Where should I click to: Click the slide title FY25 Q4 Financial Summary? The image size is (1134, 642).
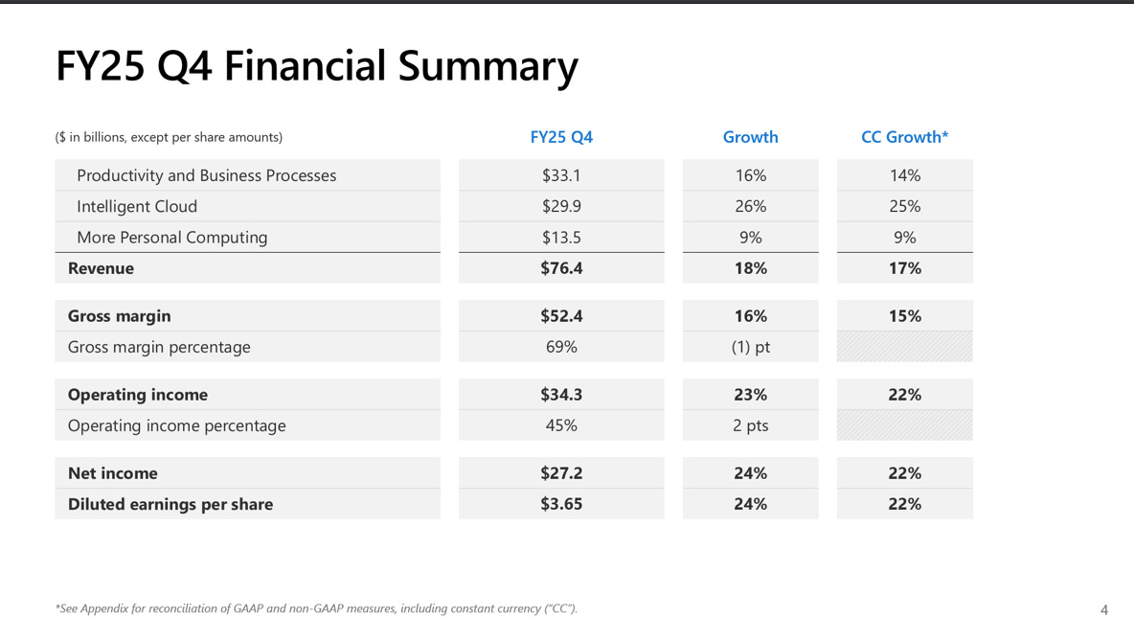point(317,67)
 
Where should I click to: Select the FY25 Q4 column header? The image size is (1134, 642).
point(561,137)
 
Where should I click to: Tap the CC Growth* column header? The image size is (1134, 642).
point(904,137)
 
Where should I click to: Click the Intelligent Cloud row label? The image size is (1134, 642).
point(137,206)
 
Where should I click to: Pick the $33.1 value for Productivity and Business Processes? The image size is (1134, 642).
point(561,175)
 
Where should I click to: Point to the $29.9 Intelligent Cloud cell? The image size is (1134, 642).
point(561,206)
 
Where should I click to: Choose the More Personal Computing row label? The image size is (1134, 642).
point(172,237)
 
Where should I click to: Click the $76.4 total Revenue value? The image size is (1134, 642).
point(561,268)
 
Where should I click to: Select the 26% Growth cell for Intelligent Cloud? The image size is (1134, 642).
point(750,206)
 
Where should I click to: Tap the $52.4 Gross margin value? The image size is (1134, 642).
point(561,316)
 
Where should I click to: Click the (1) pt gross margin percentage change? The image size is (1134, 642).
point(750,347)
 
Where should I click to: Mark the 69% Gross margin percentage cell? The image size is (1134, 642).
point(561,347)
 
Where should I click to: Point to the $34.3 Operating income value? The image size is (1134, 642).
point(561,395)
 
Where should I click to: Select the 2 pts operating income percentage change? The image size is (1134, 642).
point(750,425)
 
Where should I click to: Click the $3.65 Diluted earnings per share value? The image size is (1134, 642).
point(561,504)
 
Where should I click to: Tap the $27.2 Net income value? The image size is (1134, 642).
point(561,473)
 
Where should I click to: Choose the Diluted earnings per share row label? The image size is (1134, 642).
point(170,504)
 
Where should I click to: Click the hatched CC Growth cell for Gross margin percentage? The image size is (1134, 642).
point(904,347)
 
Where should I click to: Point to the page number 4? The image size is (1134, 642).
point(1104,609)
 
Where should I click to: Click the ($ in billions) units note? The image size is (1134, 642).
point(169,137)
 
